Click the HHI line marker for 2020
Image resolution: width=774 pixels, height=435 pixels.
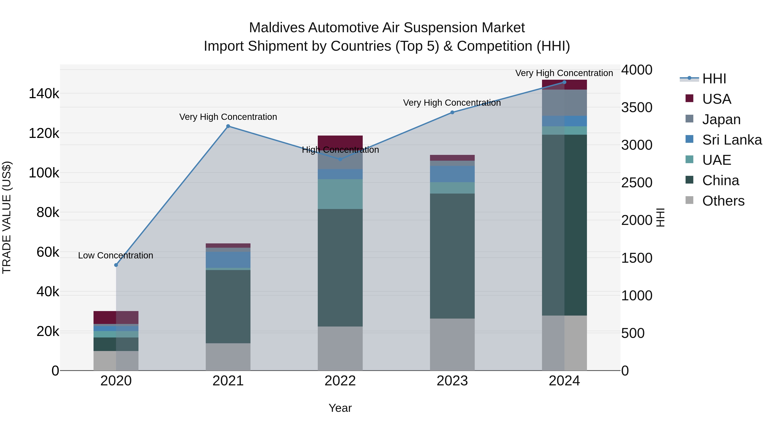[x=116, y=265]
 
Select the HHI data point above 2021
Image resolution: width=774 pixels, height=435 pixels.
[x=228, y=126]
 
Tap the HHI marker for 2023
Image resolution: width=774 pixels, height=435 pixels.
[x=452, y=112]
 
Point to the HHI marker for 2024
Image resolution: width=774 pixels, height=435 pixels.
[x=564, y=82]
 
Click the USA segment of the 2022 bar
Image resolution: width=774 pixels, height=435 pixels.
[x=340, y=141]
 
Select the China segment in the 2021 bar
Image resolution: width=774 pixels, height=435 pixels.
[x=228, y=306]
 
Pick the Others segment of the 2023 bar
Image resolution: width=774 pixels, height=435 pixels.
[x=452, y=344]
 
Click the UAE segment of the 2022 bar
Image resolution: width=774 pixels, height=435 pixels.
[x=340, y=194]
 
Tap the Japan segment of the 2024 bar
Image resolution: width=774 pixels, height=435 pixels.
[x=564, y=103]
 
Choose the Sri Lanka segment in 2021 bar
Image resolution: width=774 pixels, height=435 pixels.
[x=228, y=260]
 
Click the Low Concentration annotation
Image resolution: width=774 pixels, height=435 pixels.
[x=116, y=255]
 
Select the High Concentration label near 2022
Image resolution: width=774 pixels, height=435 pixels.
[x=340, y=150]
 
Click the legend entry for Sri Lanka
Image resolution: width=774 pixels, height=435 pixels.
[x=732, y=140]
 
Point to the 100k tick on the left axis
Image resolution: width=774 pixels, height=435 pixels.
[x=44, y=173]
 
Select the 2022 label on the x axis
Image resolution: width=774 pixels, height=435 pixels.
[x=340, y=381]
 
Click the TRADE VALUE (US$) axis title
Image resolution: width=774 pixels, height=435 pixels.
[x=7, y=217]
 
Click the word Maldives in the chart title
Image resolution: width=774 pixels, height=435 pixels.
[x=277, y=28]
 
